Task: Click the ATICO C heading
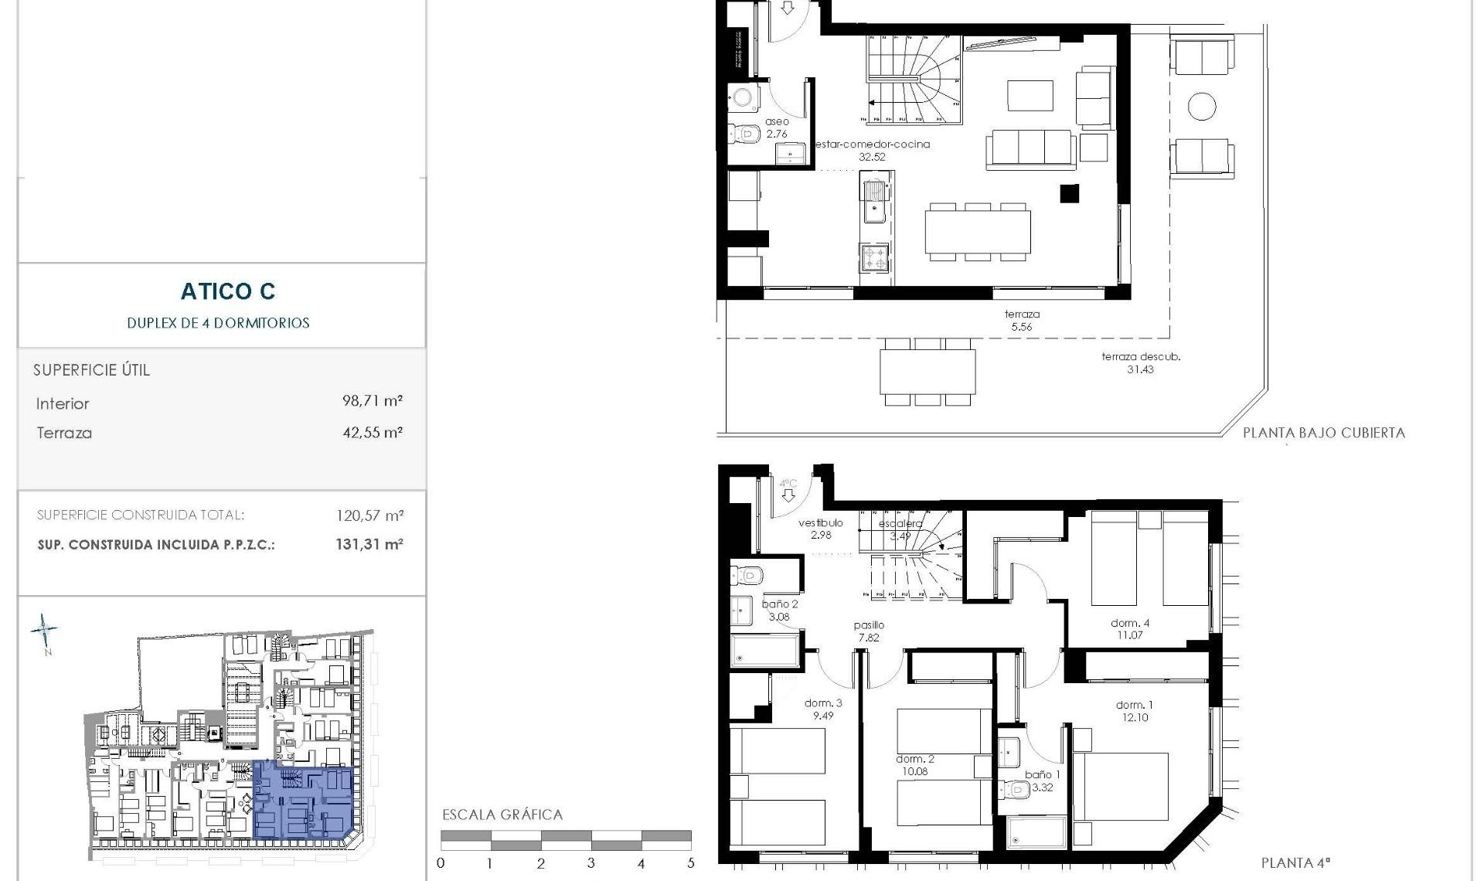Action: [228, 291]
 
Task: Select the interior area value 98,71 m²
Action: [373, 401]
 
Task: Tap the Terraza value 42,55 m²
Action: [373, 433]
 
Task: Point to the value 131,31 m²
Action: [369, 544]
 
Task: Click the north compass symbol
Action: [45, 631]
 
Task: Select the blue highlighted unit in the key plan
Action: [303, 801]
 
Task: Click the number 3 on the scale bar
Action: [591, 863]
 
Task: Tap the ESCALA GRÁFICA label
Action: [502, 815]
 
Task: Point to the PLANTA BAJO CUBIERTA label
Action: [1323, 434]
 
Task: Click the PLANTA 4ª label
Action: [1295, 863]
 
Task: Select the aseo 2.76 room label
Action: [777, 128]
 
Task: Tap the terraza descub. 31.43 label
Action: [1141, 363]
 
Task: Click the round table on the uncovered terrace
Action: [1202, 107]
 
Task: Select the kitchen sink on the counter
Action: [874, 200]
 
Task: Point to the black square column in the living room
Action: [1069, 193]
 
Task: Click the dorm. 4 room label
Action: [1130, 629]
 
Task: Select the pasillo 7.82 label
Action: [869, 631]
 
